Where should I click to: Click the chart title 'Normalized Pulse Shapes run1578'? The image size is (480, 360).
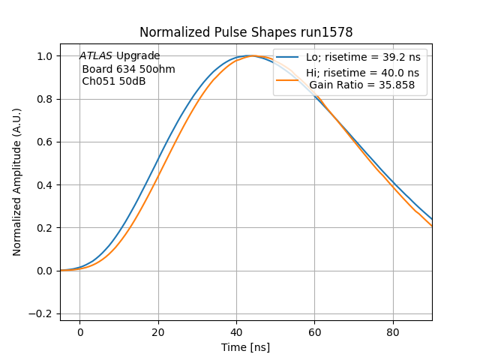click(x=246, y=32)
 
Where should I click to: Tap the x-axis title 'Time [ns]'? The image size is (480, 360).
click(x=245, y=347)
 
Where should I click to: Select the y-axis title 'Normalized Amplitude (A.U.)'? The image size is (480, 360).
click(x=17, y=182)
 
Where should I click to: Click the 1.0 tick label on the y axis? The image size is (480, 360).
click(x=45, y=56)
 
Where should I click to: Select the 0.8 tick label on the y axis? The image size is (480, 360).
click(x=45, y=99)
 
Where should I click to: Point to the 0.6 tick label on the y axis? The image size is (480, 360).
click(x=45, y=142)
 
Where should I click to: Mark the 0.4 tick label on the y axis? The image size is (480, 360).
click(x=45, y=185)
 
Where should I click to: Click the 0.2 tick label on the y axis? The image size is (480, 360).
click(x=45, y=228)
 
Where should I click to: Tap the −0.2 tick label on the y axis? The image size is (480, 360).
click(x=42, y=314)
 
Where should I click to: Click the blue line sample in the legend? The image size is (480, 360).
click(x=289, y=58)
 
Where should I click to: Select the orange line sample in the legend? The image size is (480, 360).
click(x=289, y=79)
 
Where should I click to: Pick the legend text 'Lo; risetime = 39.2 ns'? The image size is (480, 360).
click(x=363, y=58)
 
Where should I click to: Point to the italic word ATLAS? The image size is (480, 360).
click(x=96, y=56)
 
